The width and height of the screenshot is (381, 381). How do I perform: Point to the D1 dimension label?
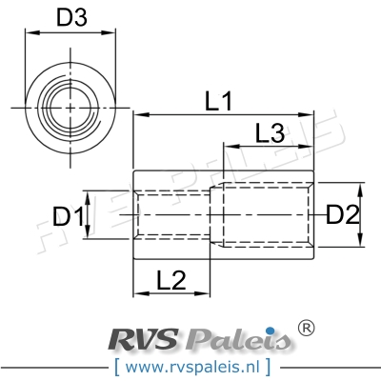click(x=67, y=217)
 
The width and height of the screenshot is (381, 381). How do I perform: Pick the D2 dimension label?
click(x=341, y=216)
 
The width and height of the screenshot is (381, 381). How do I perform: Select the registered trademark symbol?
click(x=306, y=327)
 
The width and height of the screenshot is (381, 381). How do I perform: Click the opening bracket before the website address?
click(x=116, y=364)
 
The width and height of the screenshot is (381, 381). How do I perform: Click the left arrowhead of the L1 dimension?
click(x=135, y=114)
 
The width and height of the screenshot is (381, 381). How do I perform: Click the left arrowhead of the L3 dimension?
click(x=227, y=147)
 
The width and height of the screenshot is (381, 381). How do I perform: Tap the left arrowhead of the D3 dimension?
click(x=30, y=33)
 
